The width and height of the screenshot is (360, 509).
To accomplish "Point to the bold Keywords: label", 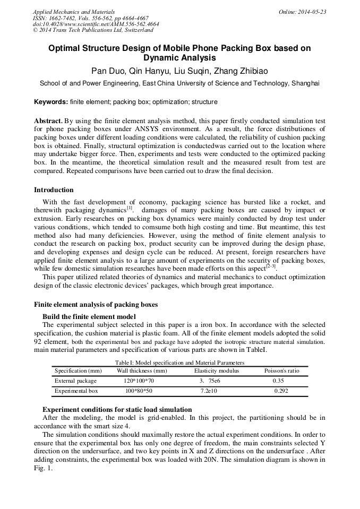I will [x=51, y=101].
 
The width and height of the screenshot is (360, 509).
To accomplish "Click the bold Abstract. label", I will [x=48, y=121].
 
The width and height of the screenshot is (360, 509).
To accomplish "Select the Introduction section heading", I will [x=54, y=190].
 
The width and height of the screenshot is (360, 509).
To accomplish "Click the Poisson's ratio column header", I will [x=281, y=370].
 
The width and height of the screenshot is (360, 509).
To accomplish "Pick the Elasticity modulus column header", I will [x=216, y=370].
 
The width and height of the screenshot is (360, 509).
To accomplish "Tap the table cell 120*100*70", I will [x=139, y=381].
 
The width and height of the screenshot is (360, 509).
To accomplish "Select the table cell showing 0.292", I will [x=281, y=391].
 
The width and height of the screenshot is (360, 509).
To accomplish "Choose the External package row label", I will [x=75, y=381].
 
